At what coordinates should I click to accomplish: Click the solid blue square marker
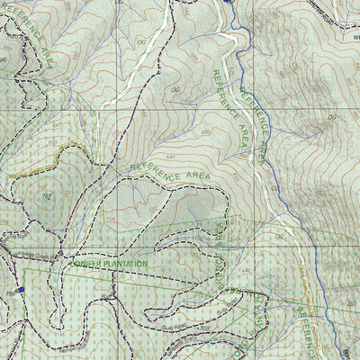click(x=21, y=289)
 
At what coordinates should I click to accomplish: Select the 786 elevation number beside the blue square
click(x=8, y=290)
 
